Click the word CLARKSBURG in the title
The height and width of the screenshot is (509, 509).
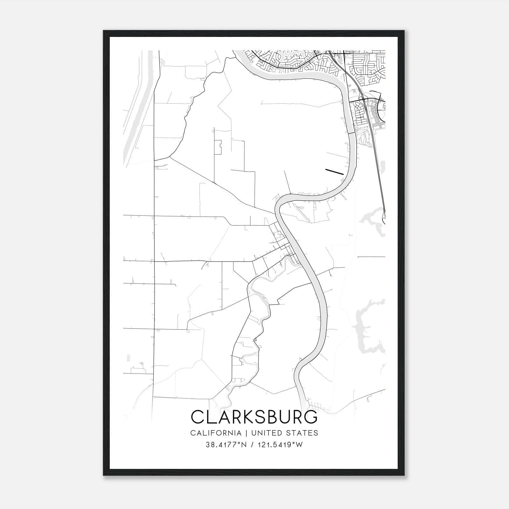(x=254, y=417)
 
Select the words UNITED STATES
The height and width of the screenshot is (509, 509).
(x=284, y=433)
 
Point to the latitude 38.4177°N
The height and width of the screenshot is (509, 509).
(x=226, y=445)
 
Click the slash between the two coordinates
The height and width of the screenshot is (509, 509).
(x=252, y=445)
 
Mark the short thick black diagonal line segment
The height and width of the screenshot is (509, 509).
(x=334, y=172)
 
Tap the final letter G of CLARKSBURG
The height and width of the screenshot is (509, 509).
(x=310, y=417)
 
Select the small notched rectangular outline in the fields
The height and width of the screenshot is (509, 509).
(x=218, y=147)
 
